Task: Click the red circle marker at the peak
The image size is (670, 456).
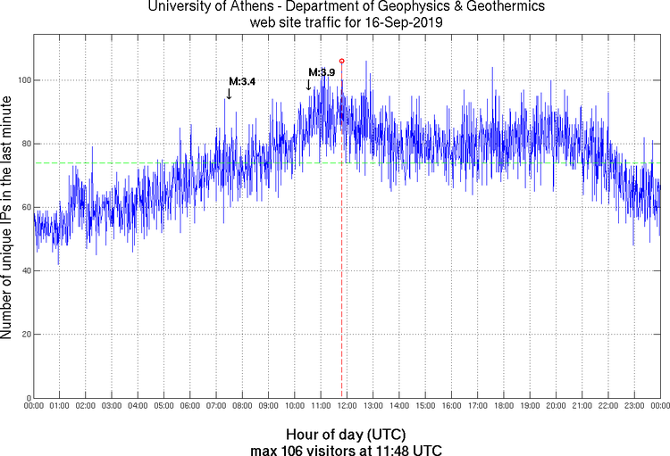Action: tap(342, 62)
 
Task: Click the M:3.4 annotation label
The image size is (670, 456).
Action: tap(242, 81)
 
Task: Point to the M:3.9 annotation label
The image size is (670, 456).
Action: tap(322, 72)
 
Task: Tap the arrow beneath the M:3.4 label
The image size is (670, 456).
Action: tap(229, 93)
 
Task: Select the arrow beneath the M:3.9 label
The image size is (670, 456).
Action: tap(309, 85)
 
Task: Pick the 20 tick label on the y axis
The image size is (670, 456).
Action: tap(25, 335)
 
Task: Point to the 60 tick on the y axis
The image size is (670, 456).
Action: tap(25, 207)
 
